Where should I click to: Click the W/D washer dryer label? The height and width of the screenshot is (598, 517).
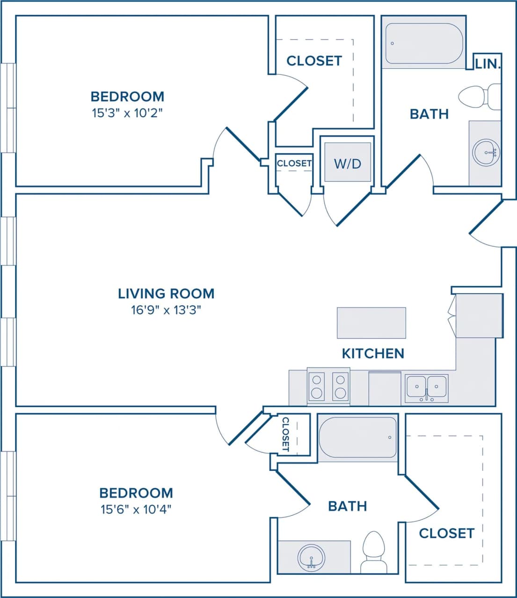[x=348, y=164]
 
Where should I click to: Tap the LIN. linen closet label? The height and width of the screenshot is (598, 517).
[x=488, y=64]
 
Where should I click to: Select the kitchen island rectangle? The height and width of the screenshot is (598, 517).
[x=371, y=322]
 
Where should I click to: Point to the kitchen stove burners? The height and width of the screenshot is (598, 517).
[x=328, y=386]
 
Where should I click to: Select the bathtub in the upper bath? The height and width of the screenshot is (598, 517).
[x=424, y=43]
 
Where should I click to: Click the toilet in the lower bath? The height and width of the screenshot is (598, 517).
[x=374, y=551]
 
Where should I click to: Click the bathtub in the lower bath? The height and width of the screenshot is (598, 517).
[x=357, y=437]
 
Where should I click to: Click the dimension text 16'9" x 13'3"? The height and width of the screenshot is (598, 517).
[x=166, y=310]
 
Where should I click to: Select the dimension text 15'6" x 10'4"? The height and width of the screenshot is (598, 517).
[x=136, y=509]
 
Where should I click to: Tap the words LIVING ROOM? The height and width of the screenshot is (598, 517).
[x=166, y=293]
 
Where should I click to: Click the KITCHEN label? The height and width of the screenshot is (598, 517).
[x=373, y=353]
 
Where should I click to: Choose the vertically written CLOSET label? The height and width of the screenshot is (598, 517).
[x=286, y=434]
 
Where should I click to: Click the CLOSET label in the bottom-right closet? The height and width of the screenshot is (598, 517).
[x=446, y=533]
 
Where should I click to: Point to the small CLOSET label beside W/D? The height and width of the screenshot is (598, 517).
[x=294, y=163]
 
